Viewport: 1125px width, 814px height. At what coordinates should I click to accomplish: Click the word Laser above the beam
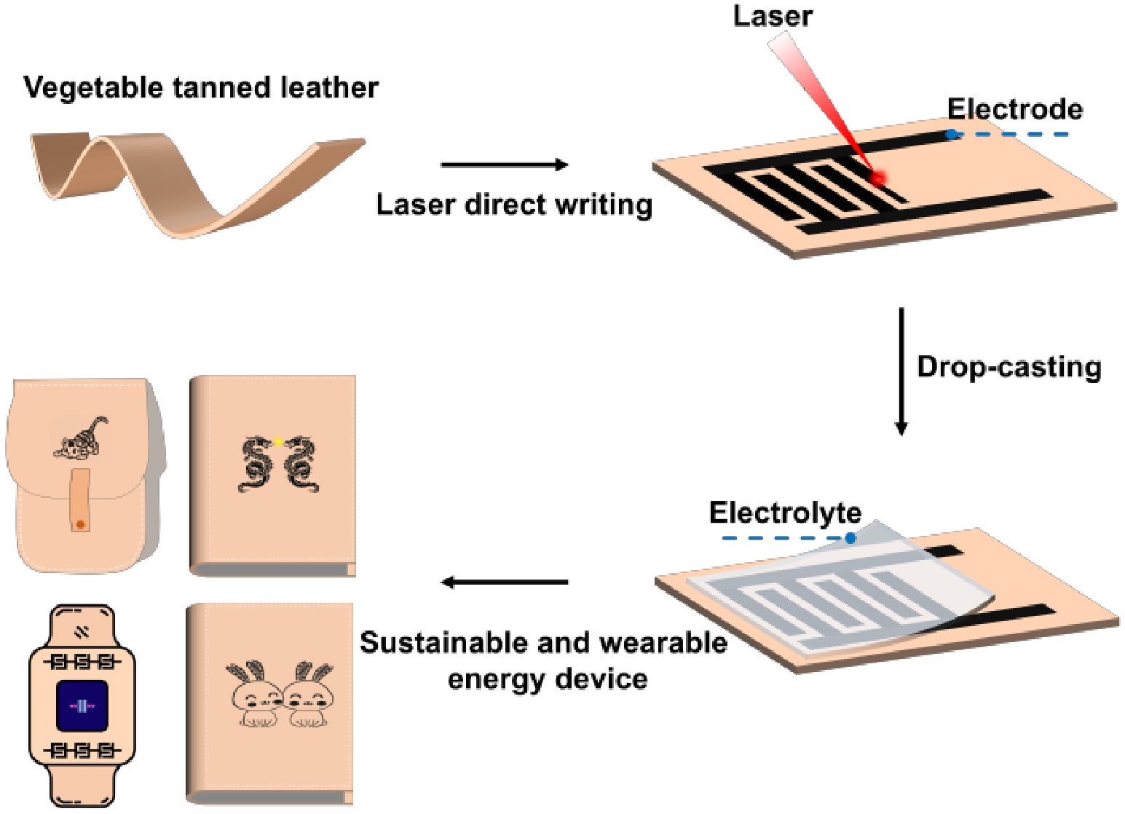772,15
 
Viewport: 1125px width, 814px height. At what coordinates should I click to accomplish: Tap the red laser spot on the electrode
878,177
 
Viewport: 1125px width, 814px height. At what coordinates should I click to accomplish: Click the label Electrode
1014,109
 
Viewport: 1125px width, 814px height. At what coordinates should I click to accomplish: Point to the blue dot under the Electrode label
951,134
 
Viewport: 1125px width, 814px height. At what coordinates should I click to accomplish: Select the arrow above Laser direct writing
504,165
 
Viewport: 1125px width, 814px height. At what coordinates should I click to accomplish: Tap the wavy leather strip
197,182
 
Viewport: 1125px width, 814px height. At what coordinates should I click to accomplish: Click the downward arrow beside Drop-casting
901,371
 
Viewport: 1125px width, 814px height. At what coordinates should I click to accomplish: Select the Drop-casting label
1008,366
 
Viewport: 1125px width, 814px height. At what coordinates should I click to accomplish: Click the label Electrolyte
785,513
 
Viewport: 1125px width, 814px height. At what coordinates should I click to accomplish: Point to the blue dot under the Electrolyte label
850,538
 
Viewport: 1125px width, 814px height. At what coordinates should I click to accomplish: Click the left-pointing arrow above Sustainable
504,582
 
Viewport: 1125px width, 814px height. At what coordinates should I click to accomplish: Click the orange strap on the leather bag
80,500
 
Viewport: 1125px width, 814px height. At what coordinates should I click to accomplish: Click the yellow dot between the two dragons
278,441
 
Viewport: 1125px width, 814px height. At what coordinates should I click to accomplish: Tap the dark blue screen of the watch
82,706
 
